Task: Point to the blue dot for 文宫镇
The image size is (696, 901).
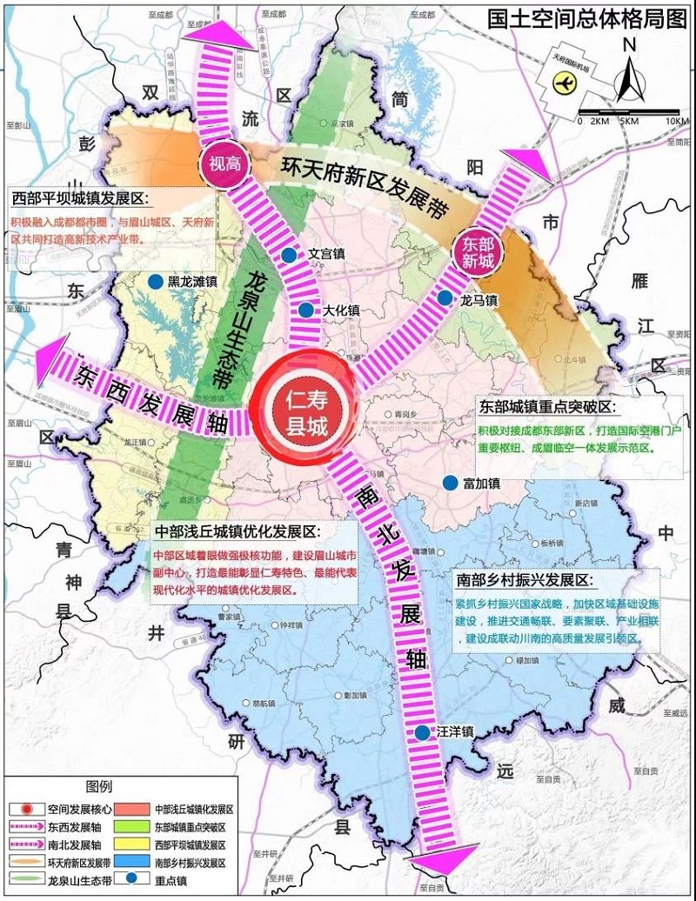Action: [288, 256]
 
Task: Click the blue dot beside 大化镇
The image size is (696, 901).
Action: [305, 310]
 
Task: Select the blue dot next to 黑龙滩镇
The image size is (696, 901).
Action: [154, 282]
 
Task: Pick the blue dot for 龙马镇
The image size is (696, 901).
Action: [445, 298]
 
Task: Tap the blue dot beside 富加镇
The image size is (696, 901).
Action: [450, 483]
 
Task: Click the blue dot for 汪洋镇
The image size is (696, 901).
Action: [422, 733]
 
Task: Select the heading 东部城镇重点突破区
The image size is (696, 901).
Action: [545, 407]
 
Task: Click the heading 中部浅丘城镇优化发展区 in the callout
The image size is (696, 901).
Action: [237, 532]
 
